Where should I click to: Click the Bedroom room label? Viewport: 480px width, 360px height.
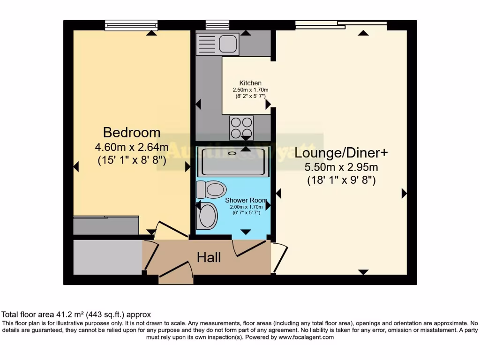tap(132, 132)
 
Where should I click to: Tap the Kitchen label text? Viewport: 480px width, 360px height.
tap(250, 83)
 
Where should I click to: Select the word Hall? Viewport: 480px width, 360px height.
tap(209, 257)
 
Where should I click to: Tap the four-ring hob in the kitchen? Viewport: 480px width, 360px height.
tap(241, 127)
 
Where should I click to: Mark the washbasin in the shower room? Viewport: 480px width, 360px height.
tap(208, 216)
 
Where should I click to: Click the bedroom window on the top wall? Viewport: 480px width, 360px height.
tap(131, 25)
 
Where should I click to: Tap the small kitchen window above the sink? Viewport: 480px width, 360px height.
tap(217, 25)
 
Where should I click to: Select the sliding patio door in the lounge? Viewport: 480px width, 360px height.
tap(341, 24)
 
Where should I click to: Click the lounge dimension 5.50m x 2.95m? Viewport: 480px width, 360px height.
tap(341, 167)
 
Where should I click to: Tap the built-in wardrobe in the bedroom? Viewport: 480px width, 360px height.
tap(106, 225)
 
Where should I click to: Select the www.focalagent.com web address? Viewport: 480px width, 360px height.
tap(306, 337)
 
